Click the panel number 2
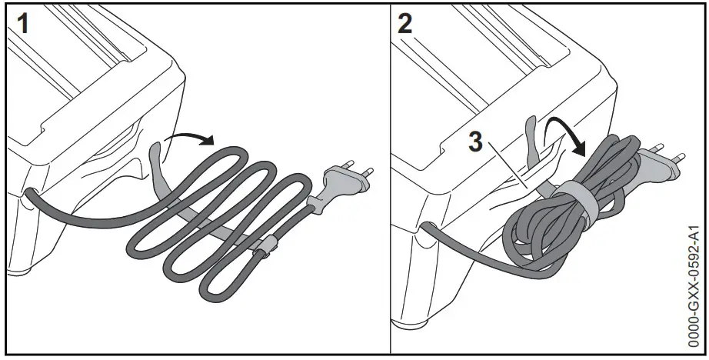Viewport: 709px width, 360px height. coord(404,23)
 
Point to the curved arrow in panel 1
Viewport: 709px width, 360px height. coord(192,137)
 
